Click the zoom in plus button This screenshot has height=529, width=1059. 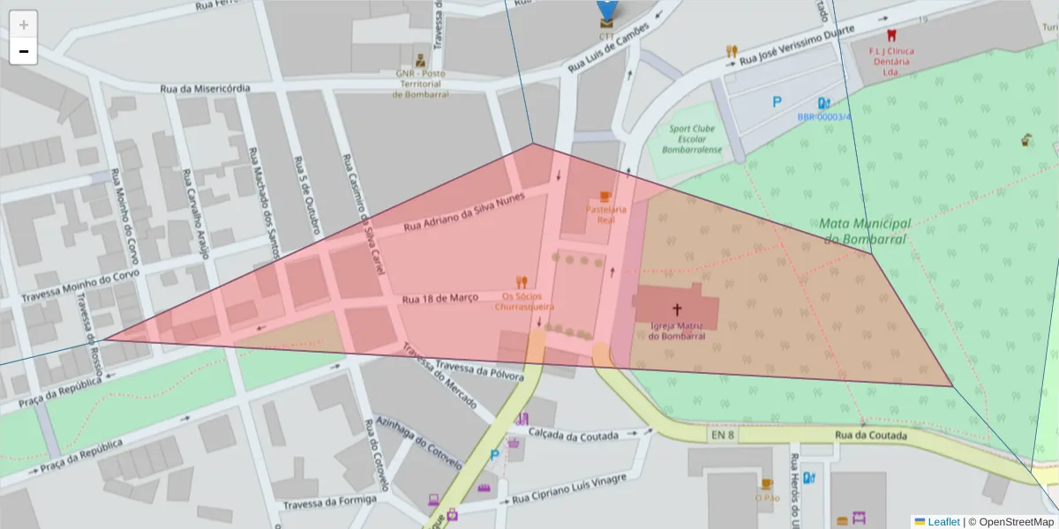click(x=24, y=25)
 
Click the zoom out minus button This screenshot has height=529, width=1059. click(x=24, y=51)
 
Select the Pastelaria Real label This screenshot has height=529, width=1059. click(x=606, y=214)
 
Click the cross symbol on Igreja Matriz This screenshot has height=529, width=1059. click(x=677, y=309)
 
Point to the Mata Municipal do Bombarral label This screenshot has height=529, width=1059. click(x=866, y=231)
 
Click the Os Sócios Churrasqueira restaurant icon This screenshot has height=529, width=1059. click(x=522, y=282)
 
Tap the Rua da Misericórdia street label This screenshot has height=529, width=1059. click(x=205, y=88)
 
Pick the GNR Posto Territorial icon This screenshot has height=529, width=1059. click(x=421, y=61)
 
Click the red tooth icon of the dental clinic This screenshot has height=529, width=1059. click(x=890, y=36)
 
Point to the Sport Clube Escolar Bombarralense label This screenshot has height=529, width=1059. click(x=695, y=139)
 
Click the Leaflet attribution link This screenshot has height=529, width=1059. click(x=943, y=522)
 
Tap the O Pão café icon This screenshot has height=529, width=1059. click(x=767, y=484)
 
